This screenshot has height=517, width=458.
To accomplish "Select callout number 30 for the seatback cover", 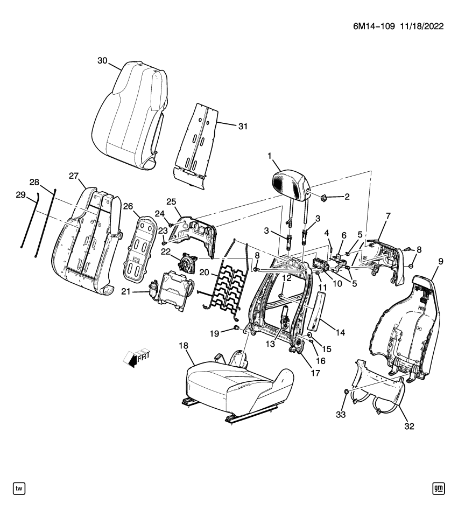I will (x=103, y=61).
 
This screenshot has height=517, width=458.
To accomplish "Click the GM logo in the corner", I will (x=438, y=488).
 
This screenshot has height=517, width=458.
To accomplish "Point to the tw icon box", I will (x=19, y=488).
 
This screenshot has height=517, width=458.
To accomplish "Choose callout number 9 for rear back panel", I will (x=440, y=262).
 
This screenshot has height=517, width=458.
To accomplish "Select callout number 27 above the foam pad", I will (x=74, y=176).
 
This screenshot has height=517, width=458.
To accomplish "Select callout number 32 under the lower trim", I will (x=409, y=427).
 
